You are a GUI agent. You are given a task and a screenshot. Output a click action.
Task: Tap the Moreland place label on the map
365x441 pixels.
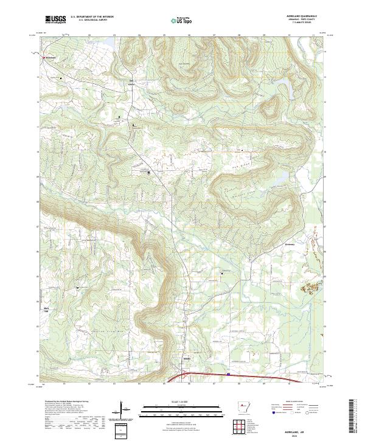click(x=50, y=58)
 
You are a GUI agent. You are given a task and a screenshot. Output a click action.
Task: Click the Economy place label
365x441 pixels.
click(x=290, y=245)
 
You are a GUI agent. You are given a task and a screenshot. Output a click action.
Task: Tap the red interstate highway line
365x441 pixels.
click(x=255, y=377)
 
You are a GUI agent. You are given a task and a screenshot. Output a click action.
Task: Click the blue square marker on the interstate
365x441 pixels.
click(x=228, y=375)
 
